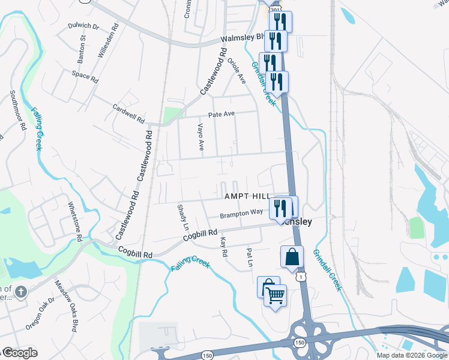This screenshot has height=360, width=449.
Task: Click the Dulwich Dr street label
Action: [84, 26]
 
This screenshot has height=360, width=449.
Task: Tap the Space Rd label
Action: [85, 76]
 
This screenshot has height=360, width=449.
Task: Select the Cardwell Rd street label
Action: [129, 113]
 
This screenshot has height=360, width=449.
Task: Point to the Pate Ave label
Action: [221, 114]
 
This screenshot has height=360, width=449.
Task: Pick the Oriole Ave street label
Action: [238, 70]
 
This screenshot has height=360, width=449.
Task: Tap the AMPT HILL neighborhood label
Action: [247, 197]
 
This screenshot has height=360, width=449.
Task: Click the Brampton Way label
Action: [241, 213]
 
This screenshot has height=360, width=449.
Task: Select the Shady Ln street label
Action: [183, 213]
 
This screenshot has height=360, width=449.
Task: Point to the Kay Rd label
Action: [224, 247]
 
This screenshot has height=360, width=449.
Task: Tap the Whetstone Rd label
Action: [76, 221]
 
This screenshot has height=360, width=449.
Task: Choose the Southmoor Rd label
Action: [17, 110]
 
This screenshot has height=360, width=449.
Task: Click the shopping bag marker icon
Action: [292, 257]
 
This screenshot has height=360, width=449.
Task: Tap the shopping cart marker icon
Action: [275, 295]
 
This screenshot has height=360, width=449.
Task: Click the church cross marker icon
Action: [20, 292]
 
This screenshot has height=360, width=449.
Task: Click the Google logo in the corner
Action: [20, 352]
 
